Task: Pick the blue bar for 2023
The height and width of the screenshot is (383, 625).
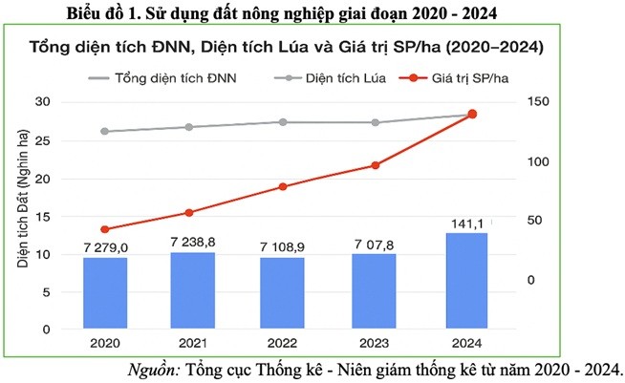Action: coord(374,291)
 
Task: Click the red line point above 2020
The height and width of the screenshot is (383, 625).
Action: coord(105,229)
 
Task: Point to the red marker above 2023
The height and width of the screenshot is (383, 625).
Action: coord(375,165)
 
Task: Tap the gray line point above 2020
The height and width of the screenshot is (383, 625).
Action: coord(105,131)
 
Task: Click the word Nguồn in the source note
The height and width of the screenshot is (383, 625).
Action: coord(153,369)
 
